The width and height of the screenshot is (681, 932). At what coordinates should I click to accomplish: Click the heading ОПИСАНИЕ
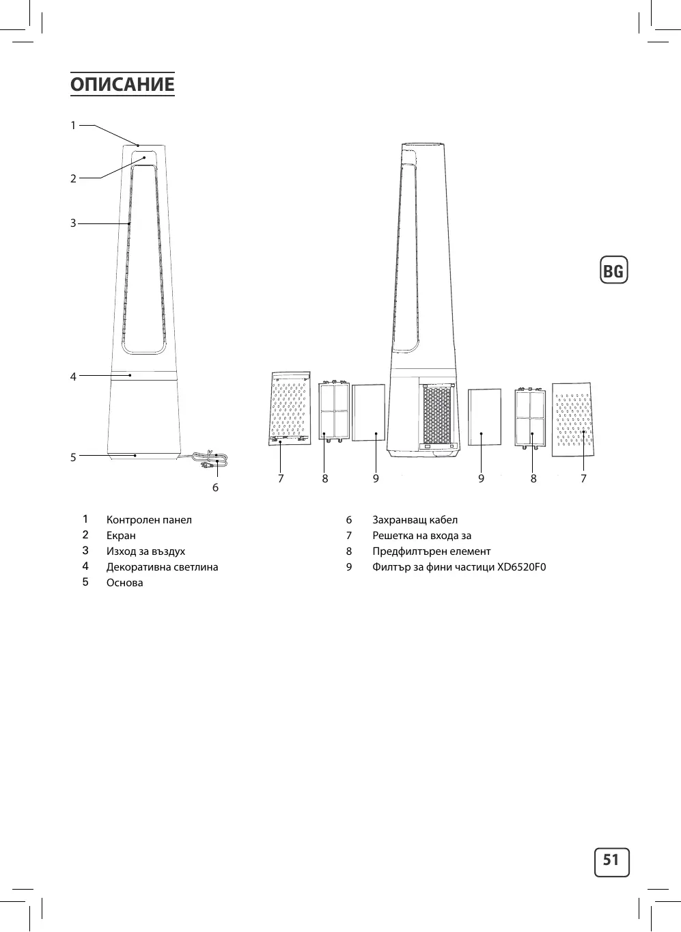pyautogui.click(x=122, y=84)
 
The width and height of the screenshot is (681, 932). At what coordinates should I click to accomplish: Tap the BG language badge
pyautogui.click(x=613, y=270)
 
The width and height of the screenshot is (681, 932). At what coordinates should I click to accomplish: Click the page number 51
pyautogui.click(x=611, y=860)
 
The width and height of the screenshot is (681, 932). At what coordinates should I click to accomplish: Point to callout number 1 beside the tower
pyautogui.click(x=73, y=125)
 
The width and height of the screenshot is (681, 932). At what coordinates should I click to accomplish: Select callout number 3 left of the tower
pyautogui.click(x=73, y=223)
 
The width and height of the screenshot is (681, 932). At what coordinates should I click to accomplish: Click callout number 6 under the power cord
pyautogui.click(x=215, y=488)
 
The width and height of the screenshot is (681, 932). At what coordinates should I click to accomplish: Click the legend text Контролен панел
pyautogui.click(x=149, y=520)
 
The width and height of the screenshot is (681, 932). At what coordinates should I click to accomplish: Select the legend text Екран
pyautogui.click(x=121, y=536)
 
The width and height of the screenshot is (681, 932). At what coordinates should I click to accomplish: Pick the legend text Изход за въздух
pyautogui.click(x=145, y=551)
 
